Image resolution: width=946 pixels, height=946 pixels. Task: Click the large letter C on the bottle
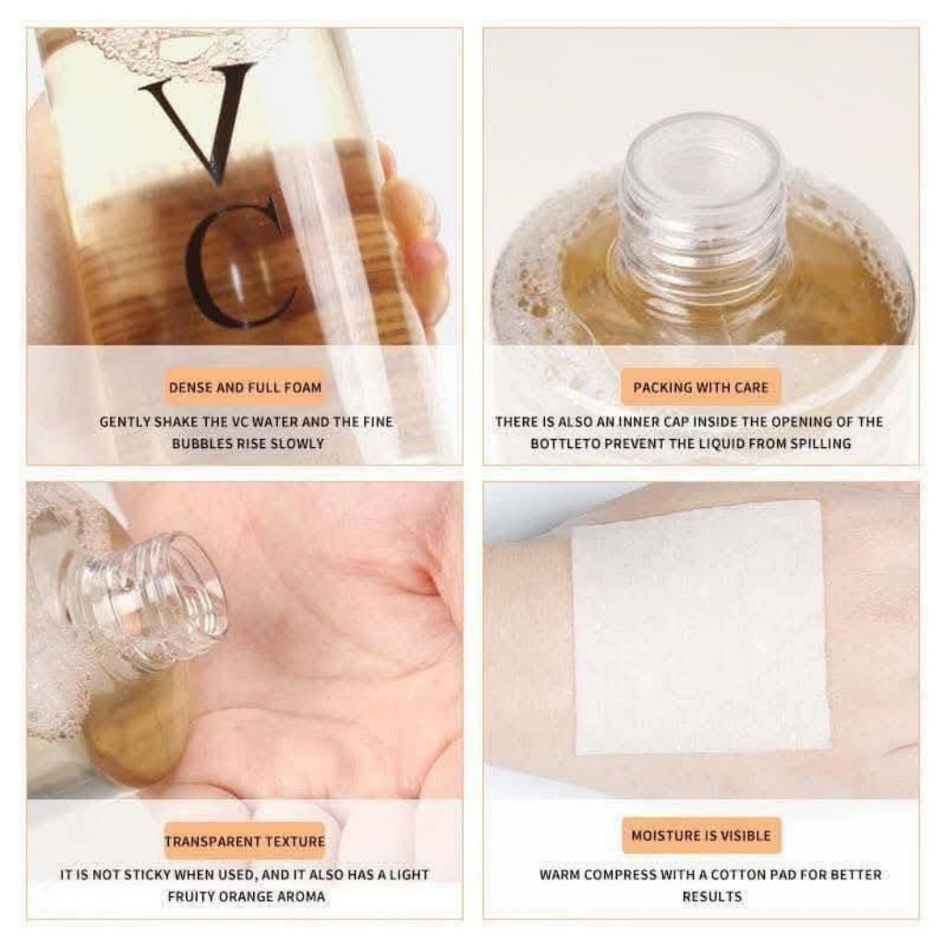(x=238, y=263)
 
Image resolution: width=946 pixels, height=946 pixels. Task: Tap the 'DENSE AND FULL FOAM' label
(x=245, y=387)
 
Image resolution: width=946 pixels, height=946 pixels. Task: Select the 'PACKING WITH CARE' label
(x=701, y=387)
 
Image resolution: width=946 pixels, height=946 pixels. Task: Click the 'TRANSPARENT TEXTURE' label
(x=245, y=842)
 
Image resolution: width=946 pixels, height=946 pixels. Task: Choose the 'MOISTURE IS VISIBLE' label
(x=701, y=835)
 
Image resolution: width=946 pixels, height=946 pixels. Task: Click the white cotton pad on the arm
(x=699, y=628)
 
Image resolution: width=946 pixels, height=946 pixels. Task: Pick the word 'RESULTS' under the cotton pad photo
(x=711, y=896)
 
